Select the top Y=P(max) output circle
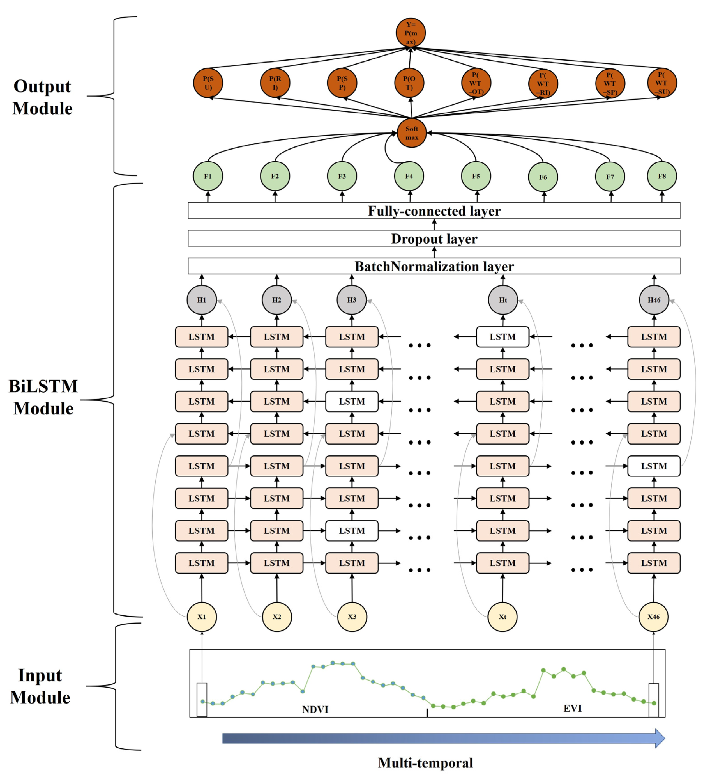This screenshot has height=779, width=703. point(410,33)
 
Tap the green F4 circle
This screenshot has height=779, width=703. point(409,176)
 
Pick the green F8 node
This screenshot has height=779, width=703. point(662,176)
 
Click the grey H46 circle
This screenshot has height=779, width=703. point(654,300)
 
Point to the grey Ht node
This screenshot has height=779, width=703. point(503,300)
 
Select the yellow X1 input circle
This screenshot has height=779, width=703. point(202,617)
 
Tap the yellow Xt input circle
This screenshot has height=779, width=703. point(502,617)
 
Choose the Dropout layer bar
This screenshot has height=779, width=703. point(434,239)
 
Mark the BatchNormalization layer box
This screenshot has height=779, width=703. point(434,266)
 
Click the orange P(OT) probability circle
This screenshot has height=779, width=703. point(409,83)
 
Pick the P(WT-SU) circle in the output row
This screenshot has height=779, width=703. point(662,83)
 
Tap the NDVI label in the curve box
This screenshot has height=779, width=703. point(315,709)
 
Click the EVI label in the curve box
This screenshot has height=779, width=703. point(572,708)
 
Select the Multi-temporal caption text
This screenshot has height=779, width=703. point(425,763)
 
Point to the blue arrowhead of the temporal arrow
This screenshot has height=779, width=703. point(659,738)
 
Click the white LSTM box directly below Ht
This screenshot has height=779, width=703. point(503,336)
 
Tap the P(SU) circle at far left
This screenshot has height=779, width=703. point(208,83)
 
